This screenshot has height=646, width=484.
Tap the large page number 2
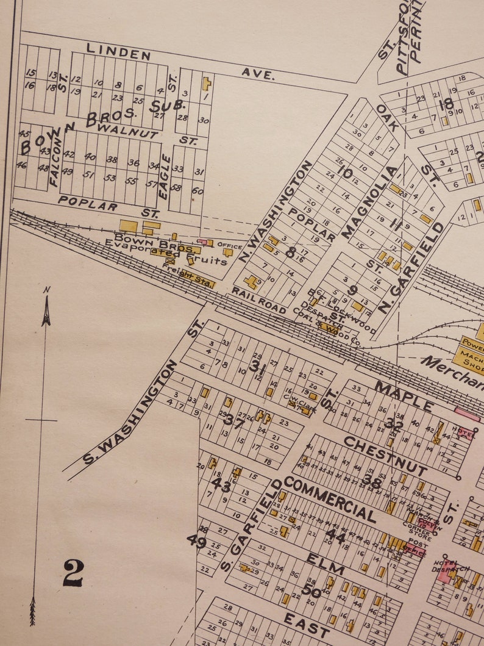pos(73,573)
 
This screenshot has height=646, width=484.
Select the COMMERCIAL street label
pos(330,499)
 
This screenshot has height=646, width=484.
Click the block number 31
pos(258,367)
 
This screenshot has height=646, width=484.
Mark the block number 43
pos(221,485)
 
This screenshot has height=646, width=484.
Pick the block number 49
pos(197,540)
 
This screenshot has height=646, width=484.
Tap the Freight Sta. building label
pos(196,279)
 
